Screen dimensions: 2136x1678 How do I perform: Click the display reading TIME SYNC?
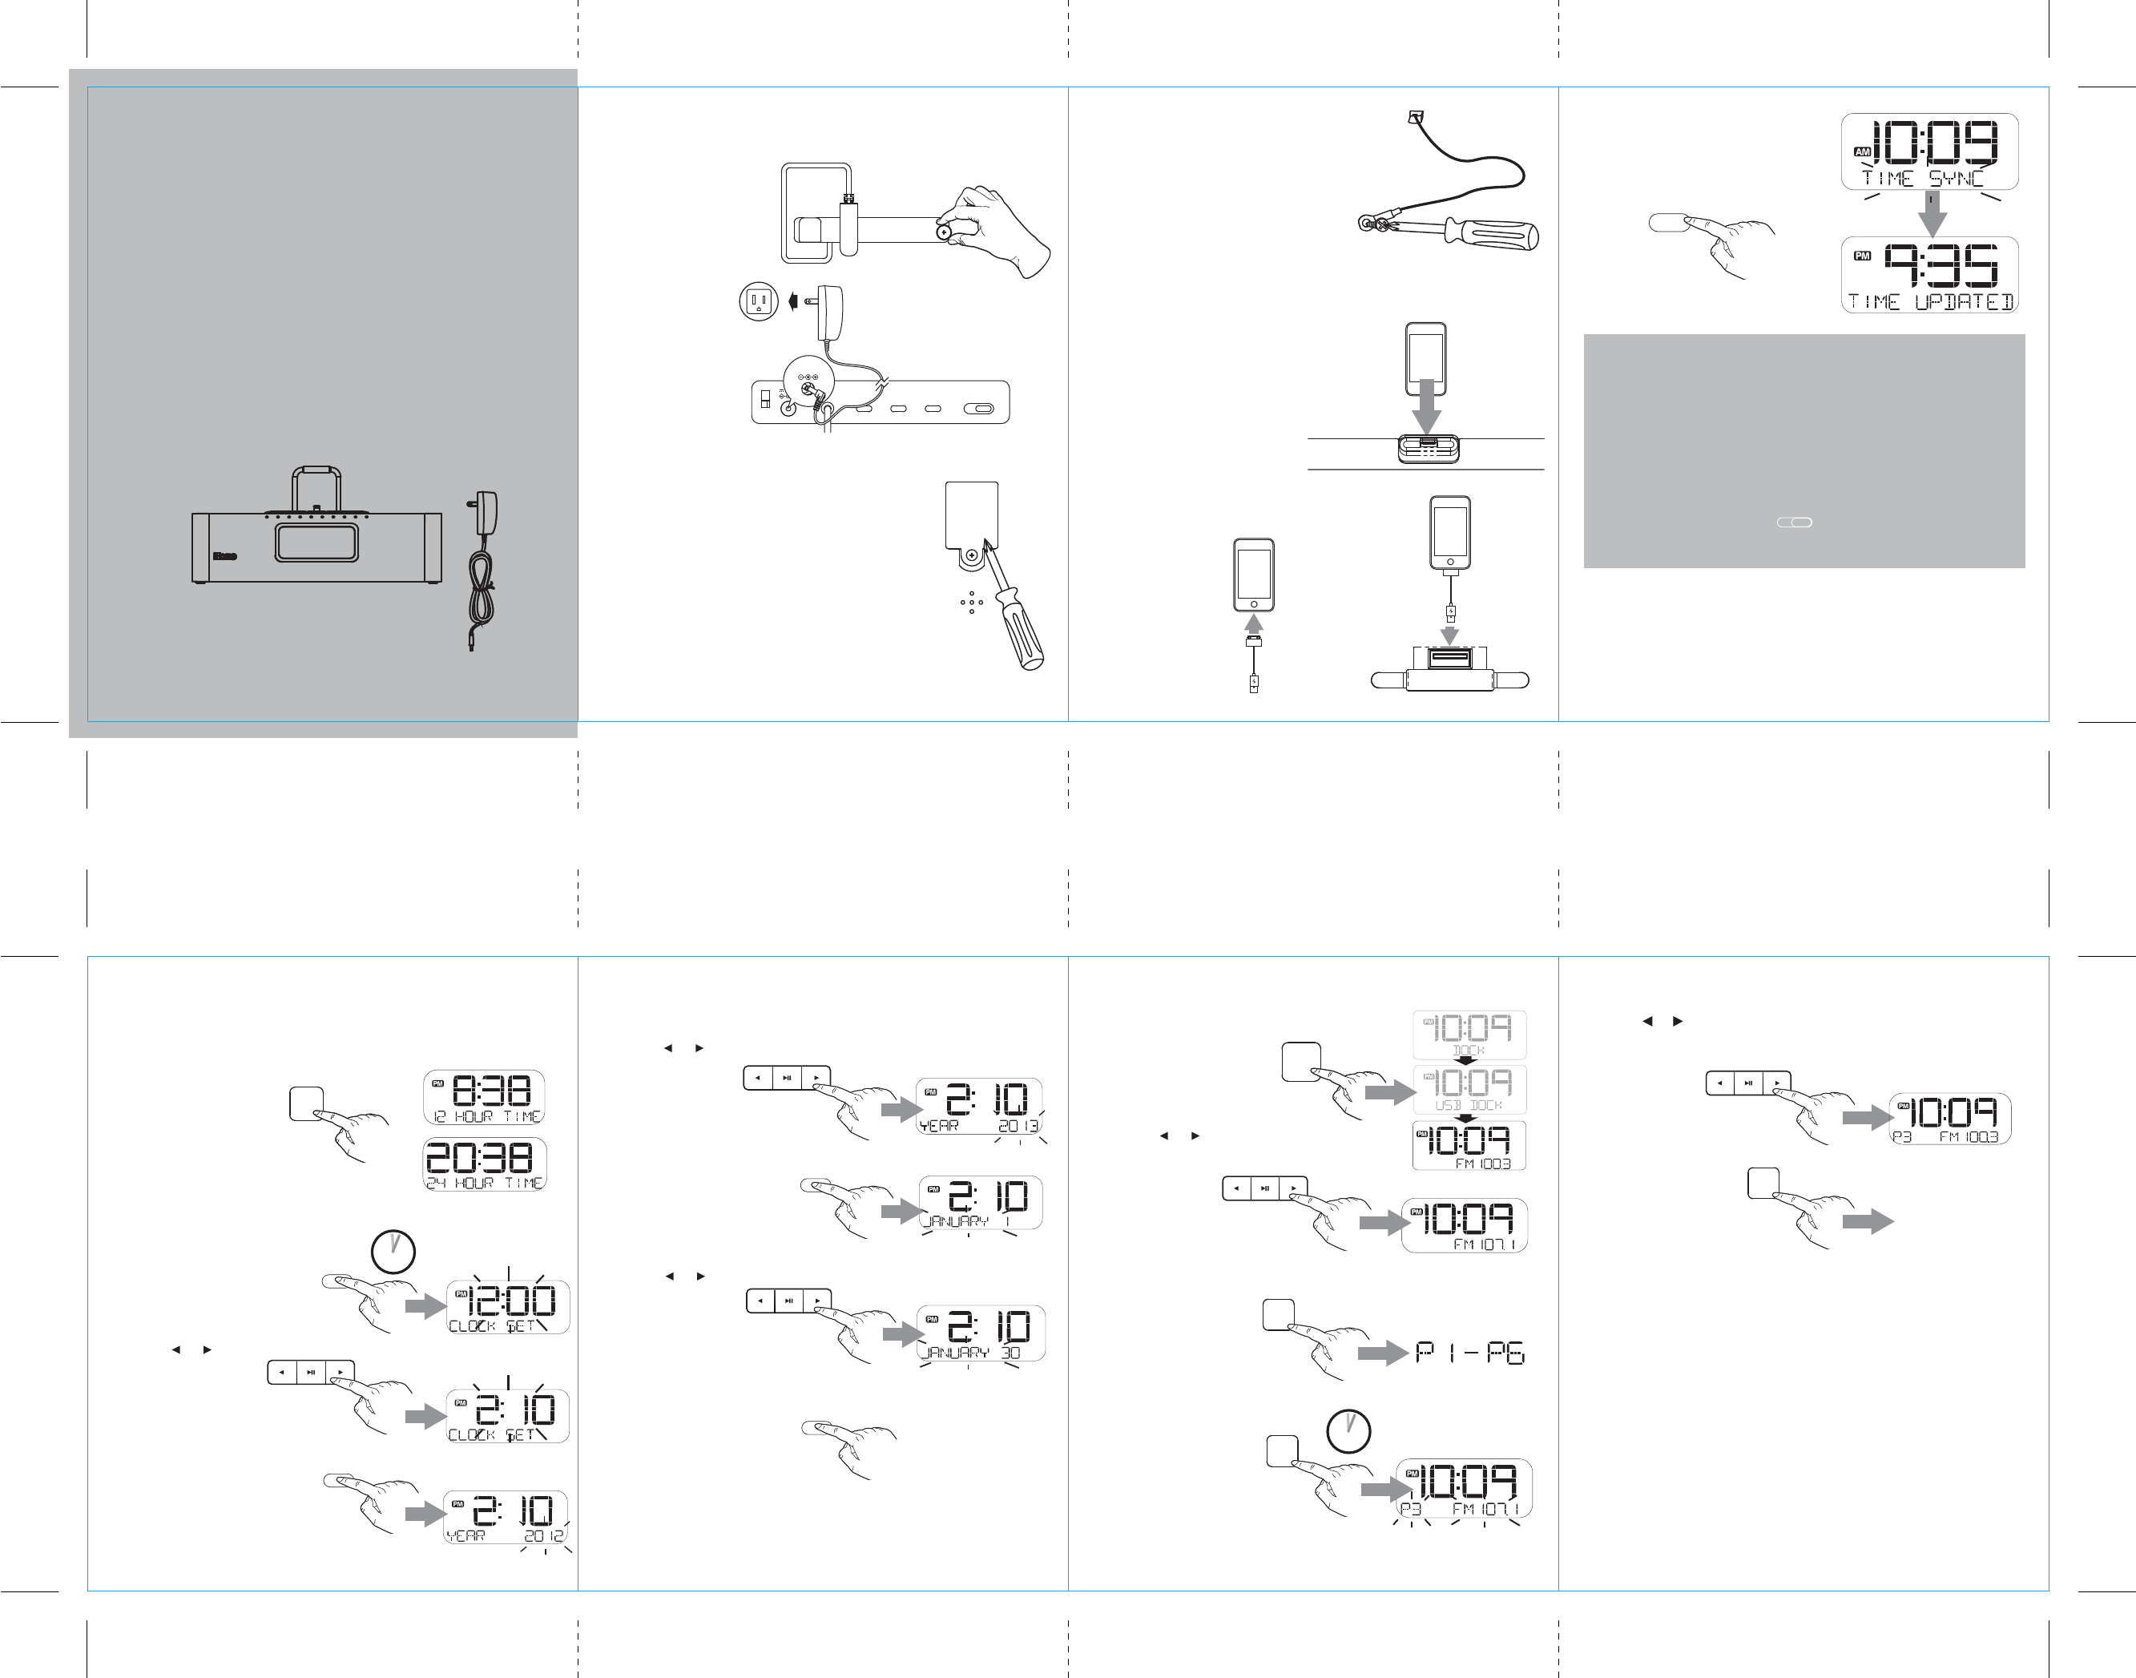[1928, 151]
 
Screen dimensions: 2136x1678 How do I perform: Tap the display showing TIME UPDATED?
[1928, 275]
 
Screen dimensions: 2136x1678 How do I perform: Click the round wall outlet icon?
[758, 301]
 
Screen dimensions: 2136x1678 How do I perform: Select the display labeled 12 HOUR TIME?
[484, 1096]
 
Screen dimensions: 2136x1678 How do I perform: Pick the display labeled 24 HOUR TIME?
[484, 1164]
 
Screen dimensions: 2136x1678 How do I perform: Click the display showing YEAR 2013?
[979, 1106]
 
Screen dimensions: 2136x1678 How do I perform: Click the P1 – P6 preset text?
[1469, 1353]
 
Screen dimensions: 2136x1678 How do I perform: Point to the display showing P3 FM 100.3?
[1949, 1118]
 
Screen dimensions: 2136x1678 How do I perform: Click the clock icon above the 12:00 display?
[393, 1252]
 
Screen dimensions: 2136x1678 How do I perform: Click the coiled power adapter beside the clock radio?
[482, 570]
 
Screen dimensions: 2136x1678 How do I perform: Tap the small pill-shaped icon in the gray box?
[1794, 522]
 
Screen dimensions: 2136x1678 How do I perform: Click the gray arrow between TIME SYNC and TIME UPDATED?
[1932, 214]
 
